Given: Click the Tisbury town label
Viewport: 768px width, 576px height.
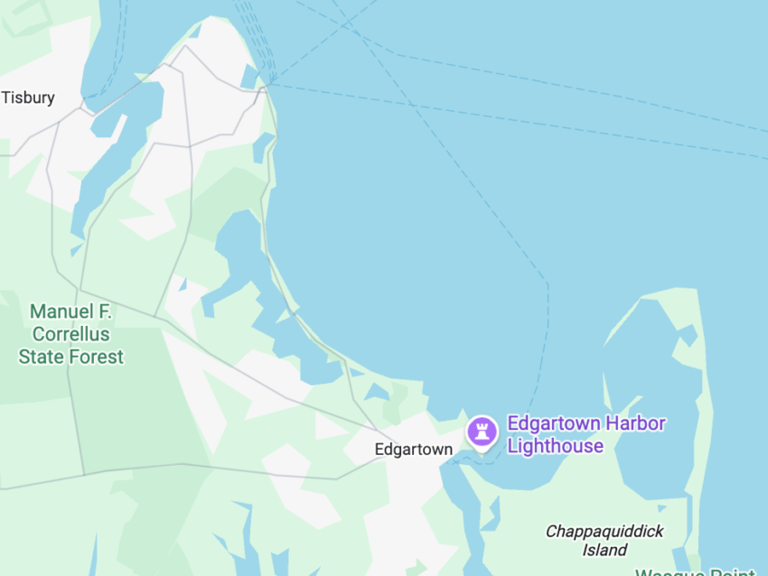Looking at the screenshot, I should pyautogui.click(x=28, y=98).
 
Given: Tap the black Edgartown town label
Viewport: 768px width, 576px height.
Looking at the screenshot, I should pyautogui.click(x=413, y=450).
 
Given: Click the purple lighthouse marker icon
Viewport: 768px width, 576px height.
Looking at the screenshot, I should pyautogui.click(x=482, y=431).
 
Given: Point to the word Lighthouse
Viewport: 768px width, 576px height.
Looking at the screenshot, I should pyautogui.click(x=555, y=446).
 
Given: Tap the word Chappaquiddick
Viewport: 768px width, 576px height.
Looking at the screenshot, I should pyautogui.click(x=604, y=532).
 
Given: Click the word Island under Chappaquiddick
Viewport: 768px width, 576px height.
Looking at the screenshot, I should pyautogui.click(x=604, y=550).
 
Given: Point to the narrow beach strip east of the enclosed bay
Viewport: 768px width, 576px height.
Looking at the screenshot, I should pyautogui.click(x=708, y=406).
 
